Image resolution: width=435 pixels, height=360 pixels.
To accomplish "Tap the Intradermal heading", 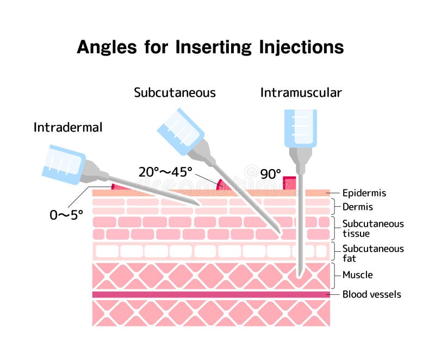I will click(x=68, y=128).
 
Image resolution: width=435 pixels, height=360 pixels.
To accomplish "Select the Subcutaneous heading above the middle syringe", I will click(x=175, y=93).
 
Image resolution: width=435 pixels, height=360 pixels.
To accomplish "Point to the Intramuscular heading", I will click(x=301, y=93).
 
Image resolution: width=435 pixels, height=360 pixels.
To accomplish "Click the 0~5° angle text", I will click(x=66, y=215).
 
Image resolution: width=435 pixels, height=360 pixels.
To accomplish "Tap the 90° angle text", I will click(x=270, y=174).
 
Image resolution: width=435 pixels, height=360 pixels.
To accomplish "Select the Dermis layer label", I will click(x=357, y=207).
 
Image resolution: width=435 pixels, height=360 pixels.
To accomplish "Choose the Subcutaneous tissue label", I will click(x=372, y=228).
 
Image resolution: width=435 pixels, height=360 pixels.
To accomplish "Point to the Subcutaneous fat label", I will click(x=372, y=253).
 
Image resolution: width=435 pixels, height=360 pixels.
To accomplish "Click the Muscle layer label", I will click(x=357, y=275).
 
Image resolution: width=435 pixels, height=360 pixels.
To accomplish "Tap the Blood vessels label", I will click(x=371, y=295).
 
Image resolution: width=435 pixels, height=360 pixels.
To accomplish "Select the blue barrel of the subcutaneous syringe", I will click(x=180, y=130).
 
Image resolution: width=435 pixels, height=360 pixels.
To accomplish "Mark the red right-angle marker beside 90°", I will click(x=289, y=183).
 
